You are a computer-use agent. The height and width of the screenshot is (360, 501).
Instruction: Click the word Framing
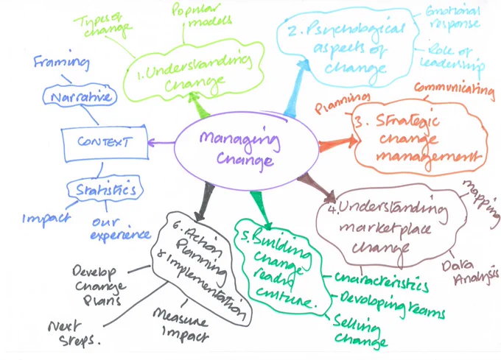[x=62, y=61]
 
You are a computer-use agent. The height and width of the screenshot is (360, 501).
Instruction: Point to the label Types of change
[x=102, y=26]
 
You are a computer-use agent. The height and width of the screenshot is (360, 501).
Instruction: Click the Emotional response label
[x=453, y=18]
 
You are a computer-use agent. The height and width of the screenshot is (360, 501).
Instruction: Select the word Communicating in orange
[x=455, y=88]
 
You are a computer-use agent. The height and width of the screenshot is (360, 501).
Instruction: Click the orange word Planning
[x=342, y=102]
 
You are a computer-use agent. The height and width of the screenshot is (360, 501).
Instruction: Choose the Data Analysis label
[x=470, y=273]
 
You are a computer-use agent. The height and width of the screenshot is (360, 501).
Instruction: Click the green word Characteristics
[x=382, y=280]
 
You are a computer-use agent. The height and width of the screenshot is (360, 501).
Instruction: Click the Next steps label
[x=74, y=333]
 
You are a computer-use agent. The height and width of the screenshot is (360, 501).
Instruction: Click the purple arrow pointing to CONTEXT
[x=161, y=143]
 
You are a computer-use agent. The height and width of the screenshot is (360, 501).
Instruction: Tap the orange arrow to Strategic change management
[x=338, y=143]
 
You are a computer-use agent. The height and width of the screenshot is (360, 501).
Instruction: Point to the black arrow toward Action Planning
[x=205, y=201]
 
